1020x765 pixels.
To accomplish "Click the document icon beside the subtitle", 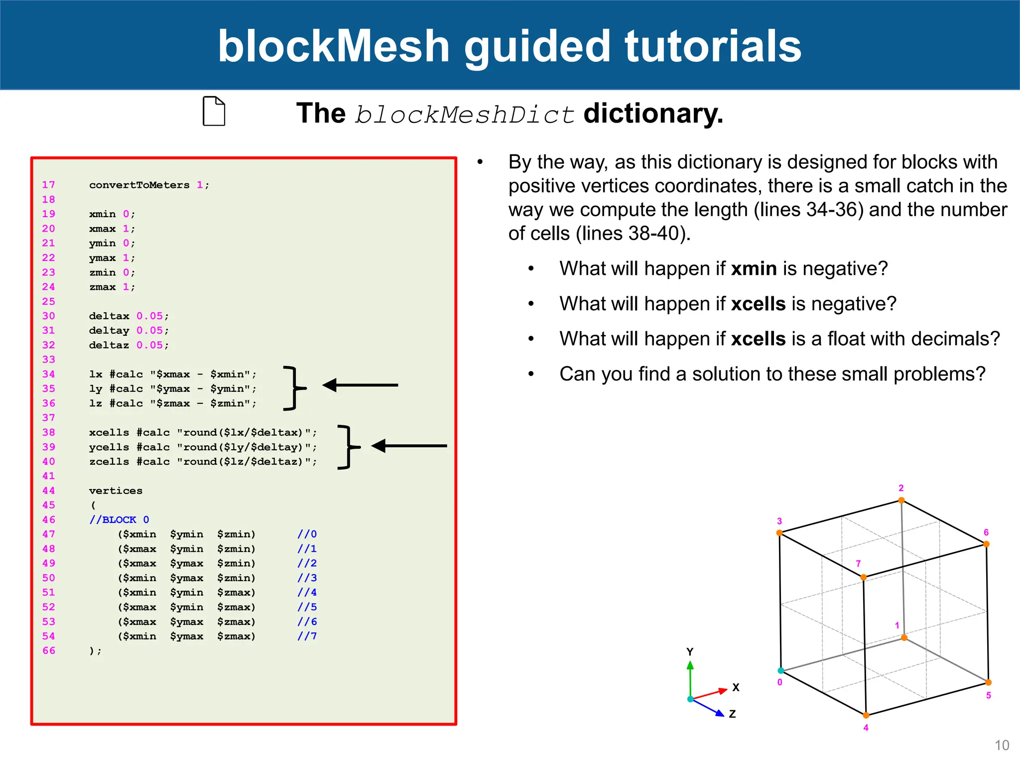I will pyautogui.click(x=214, y=111).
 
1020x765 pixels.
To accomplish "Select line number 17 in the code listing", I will pyautogui.click(x=48, y=185).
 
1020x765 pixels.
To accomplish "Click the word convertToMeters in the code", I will pyautogui.click(x=139, y=185).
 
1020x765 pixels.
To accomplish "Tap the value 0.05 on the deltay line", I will pyautogui.click(x=149, y=331).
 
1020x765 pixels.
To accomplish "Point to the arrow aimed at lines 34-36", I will pyautogui.click(x=360, y=385).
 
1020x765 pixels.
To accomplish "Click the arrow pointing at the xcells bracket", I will pyautogui.click(x=408, y=446).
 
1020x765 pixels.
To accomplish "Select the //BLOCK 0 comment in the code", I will pyautogui.click(x=119, y=520).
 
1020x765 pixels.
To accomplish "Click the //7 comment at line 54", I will pyautogui.click(x=307, y=637).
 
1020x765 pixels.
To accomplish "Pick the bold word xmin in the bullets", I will pyautogui.click(x=754, y=269).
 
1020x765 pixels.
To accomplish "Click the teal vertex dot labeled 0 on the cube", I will pyautogui.click(x=781, y=671).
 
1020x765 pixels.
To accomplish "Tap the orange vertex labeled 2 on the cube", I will pyautogui.click(x=901, y=501).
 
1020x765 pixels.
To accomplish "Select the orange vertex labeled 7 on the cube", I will pyautogui.click(x=864, y=577).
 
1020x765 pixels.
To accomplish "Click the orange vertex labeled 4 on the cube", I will pyautogui.click(x=867, y=716).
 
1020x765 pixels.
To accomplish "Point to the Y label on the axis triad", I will pyautogui.click(x=690, y=652).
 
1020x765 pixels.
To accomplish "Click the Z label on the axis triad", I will pyautogui.click(x=732, y=714).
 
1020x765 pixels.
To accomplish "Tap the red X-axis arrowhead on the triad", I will pyautogui.click(x=723, y=691).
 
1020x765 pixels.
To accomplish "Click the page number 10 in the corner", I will pyautogui.click(x=1002, y=746).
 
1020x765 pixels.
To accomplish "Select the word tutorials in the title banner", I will pyautogui.click(x=713, y=46).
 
